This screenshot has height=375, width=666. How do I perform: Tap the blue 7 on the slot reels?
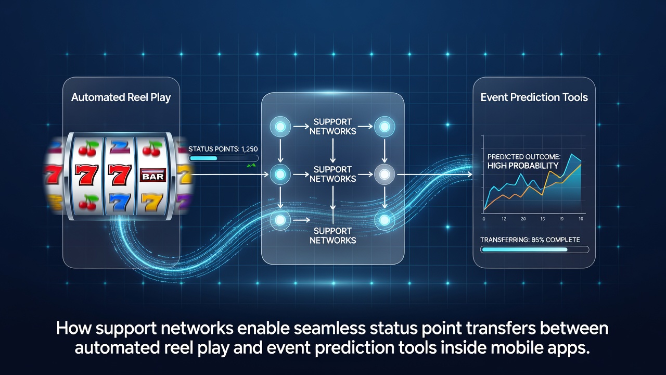tap(120, 202)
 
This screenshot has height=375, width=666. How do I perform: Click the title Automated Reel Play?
tap(121, 97)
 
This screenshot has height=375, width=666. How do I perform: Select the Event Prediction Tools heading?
tap(534, 97)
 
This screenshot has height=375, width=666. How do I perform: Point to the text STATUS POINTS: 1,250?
tap(223, 149)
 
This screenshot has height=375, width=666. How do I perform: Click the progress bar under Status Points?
tap(224, 158)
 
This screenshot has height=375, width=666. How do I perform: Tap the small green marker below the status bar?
tap(251, 165)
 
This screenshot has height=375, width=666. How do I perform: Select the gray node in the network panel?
tap(385, 174)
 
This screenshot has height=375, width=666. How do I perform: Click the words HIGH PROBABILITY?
tap(523, 166)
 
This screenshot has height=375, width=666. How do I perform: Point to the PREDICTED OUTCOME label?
tap(524, 157)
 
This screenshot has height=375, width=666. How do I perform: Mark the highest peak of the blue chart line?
tap(572, 154)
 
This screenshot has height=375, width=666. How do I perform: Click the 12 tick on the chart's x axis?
tap(504, 219)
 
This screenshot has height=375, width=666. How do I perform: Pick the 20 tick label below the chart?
tap(523, 219)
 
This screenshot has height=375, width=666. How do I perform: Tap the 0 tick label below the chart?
tap(484, 219)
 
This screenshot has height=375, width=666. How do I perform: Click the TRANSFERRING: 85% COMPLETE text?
tap(530, 240)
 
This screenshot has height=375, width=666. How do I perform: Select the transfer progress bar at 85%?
tap(534, 249)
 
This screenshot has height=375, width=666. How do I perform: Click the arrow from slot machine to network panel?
tap(230, 174)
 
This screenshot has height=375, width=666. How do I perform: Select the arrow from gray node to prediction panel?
tap(434, 174)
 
